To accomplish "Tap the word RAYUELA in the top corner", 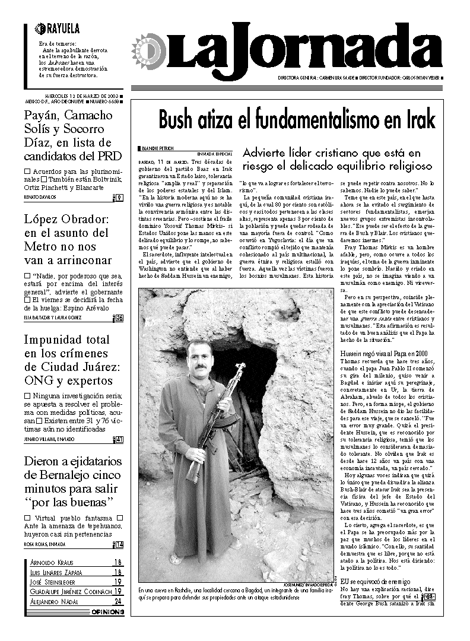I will click(x=62, y=28).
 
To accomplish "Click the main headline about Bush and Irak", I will click(x=296, y=120).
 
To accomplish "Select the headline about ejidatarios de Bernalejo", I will click(x=72, y=482).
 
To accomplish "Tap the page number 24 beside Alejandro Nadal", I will click(x=118, y=601).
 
